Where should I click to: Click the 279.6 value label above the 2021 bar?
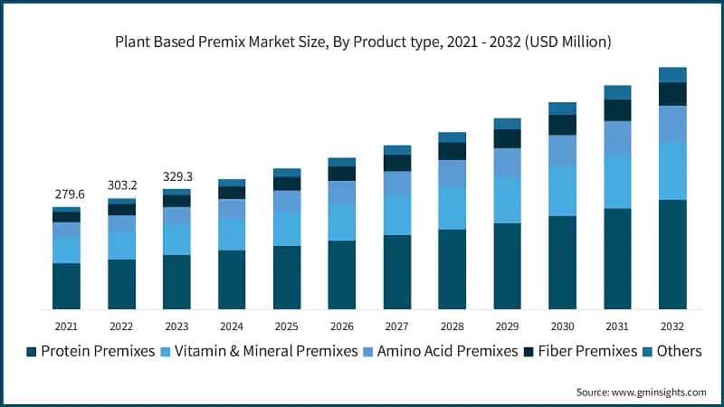click(x=66, y=194)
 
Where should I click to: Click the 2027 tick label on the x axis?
click(x=396, y=326)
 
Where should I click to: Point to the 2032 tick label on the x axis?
click(x=672, y=326)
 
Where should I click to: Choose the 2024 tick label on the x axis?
click(x=232, y=326)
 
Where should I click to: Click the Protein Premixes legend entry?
click(x=90, y=351)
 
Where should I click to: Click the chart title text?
click(x=362, y=42)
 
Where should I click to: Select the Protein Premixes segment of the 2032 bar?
click(x=672, y=254)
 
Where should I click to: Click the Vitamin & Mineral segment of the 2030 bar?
click(x=562, y=191)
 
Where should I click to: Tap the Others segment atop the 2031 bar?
click(x=617, y=92)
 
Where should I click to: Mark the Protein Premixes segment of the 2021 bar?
click(x=66, y=286)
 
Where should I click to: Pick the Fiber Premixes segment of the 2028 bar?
click(x=452, y=151)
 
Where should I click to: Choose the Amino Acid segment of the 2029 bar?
click(x=507, y=163)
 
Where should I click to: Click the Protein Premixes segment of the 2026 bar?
click(x=341, y=275)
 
